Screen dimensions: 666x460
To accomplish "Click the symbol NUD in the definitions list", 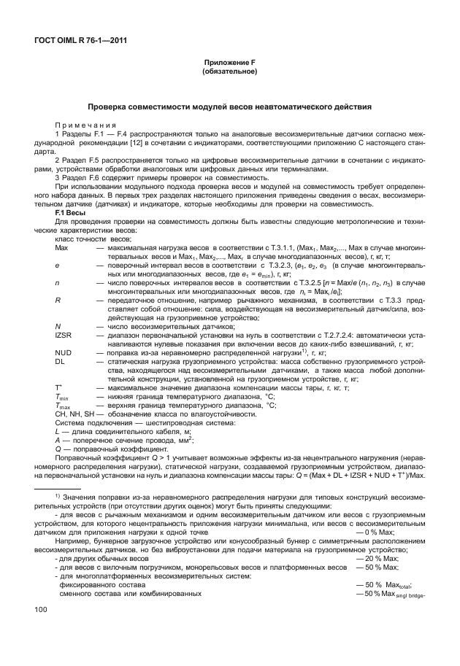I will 63,352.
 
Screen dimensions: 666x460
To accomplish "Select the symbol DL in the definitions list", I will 60,360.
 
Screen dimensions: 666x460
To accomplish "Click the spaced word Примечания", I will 85,125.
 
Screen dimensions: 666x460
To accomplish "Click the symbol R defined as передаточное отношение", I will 58,299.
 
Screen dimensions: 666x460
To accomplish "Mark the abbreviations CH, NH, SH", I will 73,414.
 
